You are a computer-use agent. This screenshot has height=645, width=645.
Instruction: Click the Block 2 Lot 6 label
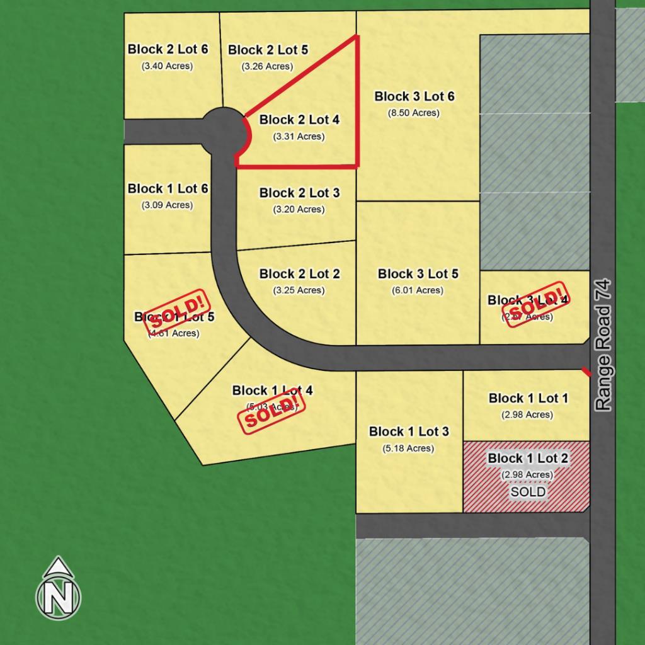pos(168,49)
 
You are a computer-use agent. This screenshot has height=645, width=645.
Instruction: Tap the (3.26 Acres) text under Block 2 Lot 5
pos(268,66)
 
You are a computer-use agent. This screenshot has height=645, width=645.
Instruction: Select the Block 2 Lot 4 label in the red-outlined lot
pos(299,120)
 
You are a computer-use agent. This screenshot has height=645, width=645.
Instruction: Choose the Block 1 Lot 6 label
pos(168,188)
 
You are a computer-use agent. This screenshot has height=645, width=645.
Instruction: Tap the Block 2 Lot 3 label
pos(299,193)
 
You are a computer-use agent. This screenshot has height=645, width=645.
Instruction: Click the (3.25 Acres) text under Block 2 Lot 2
pos(299,290)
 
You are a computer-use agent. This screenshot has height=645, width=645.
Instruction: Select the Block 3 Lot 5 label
pos(418,274)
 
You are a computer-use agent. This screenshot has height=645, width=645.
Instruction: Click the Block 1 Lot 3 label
pos(409,431)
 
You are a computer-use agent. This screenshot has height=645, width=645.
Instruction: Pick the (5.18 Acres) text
pos(408,448)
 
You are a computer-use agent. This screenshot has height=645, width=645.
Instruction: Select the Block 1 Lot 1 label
pos(528,398)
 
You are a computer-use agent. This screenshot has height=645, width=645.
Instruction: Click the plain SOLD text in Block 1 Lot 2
pos(528,492)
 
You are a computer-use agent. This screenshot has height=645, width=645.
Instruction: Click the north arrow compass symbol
pos(58,588)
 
